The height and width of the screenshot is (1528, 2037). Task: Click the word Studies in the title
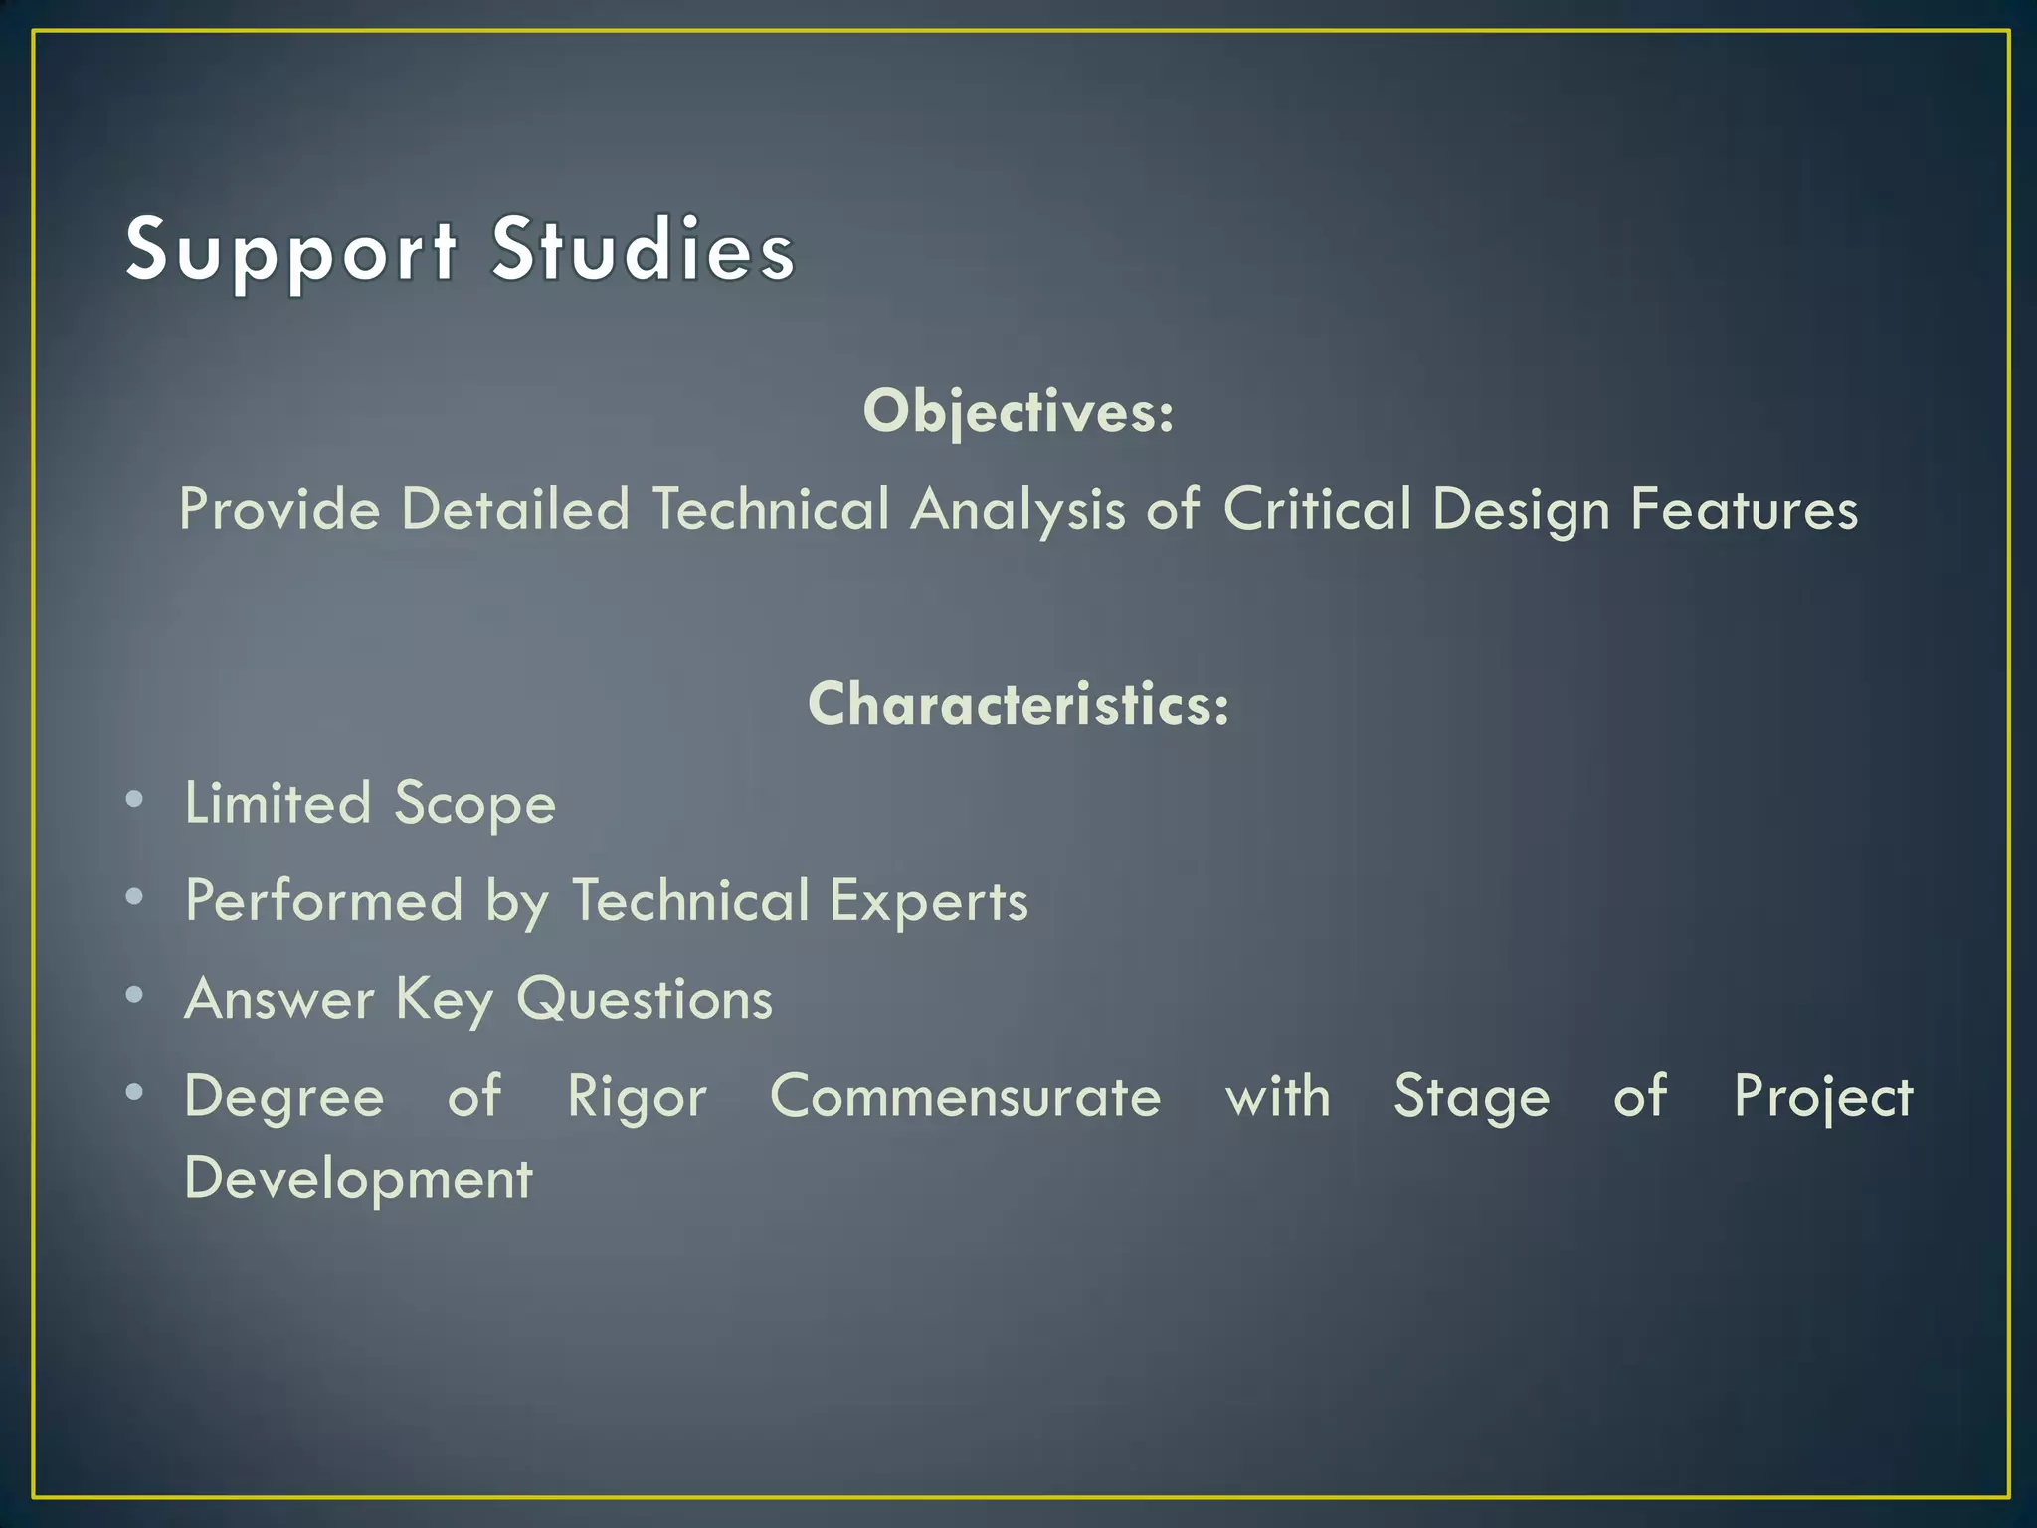tap(644, 249)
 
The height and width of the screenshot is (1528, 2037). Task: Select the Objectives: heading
tap(1018, 411)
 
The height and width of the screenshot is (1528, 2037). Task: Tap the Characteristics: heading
tap(1018, 704)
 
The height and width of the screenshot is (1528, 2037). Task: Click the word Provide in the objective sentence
tap(279, 510)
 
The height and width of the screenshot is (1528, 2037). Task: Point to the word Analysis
tap(1018, 510)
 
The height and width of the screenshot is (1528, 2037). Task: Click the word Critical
tap(1316, 510)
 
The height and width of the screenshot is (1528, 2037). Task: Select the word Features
tap(1744, 510)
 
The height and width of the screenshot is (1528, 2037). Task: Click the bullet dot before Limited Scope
tap(134, 799)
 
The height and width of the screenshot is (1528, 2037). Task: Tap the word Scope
tap(474, 804)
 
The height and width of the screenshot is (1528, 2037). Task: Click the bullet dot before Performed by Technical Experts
tap(134, 897)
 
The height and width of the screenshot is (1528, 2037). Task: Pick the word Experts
tap(928, 902)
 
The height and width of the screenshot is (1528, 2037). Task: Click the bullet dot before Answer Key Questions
tap(134, 995)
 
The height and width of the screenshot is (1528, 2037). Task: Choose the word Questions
tap(644, 999)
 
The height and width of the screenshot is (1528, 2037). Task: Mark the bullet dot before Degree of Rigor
tap(134, 1092)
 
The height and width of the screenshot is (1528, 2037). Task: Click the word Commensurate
tap(965, 1097)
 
